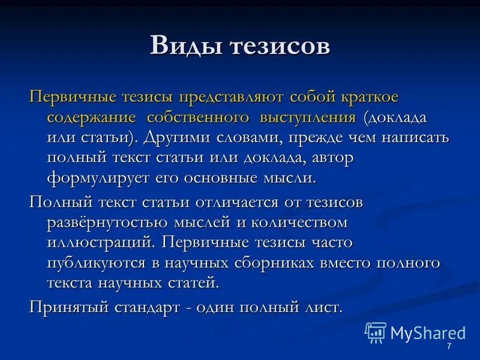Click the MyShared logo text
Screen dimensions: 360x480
pos(427,333)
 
